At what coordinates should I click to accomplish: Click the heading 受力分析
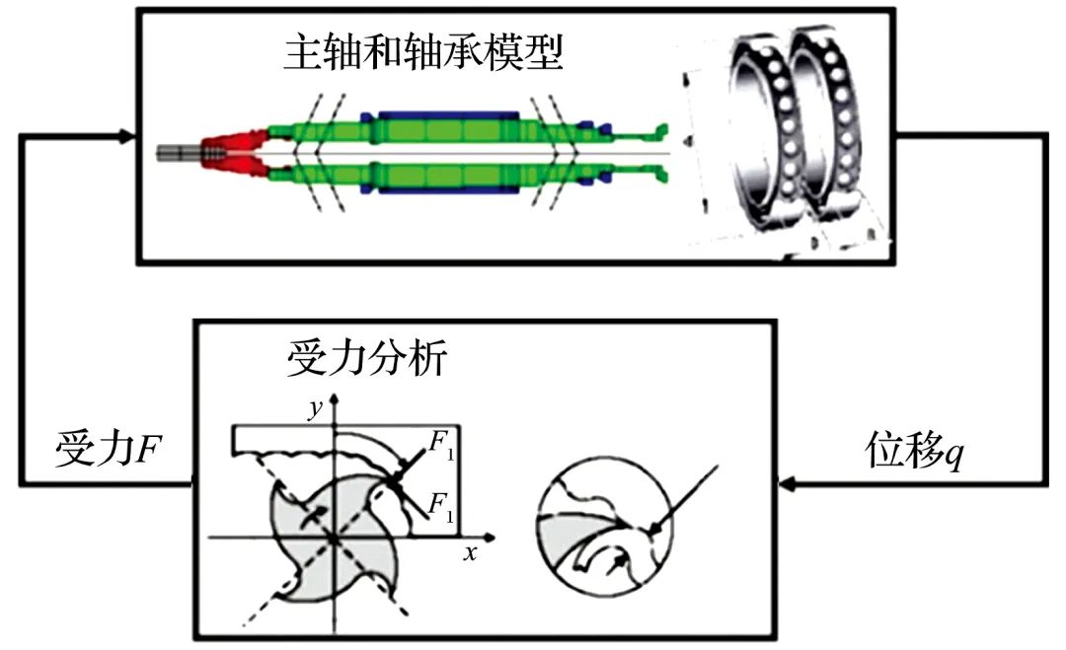[x=367, y=361]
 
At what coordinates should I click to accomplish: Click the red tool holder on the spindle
[x=233, y=153]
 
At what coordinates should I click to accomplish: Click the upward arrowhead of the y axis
[x=337, y=398]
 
